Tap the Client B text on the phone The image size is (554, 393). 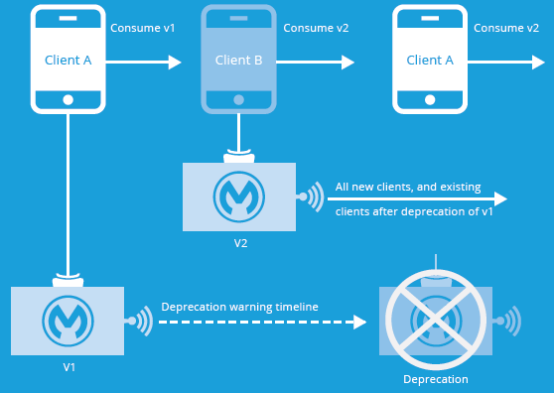238,61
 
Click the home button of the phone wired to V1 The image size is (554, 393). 69,100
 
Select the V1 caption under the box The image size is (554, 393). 69,366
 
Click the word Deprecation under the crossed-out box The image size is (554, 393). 435,379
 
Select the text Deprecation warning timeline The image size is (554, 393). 239,307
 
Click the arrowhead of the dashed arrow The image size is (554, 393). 358,323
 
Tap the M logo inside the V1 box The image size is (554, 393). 68,321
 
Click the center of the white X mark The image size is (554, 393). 435,321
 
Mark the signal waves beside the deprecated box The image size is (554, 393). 508,321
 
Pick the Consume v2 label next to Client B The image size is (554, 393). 316,28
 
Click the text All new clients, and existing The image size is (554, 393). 408,187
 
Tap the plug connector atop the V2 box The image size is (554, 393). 238,156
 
